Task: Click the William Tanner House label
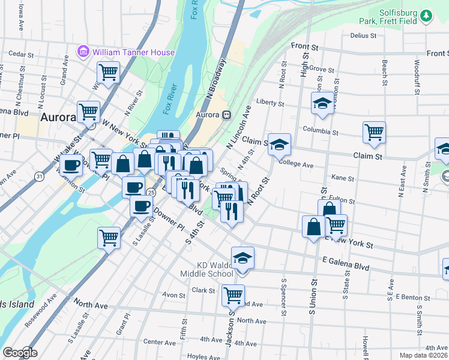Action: (134, 52)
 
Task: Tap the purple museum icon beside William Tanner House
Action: (83, 52)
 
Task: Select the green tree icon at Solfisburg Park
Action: (426, 16)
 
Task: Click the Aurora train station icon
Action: (226, 115)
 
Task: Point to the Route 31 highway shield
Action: (39, 176)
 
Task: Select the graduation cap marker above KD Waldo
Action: (243, 258)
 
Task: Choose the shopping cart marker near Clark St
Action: (233, 295)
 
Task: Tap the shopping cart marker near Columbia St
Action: (374, 131)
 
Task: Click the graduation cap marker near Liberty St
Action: (322, 103)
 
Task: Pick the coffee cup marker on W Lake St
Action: (71, 164)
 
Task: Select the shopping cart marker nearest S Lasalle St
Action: (109, 237)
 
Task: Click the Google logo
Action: (19, 352)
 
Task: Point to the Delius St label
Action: (364, 35)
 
